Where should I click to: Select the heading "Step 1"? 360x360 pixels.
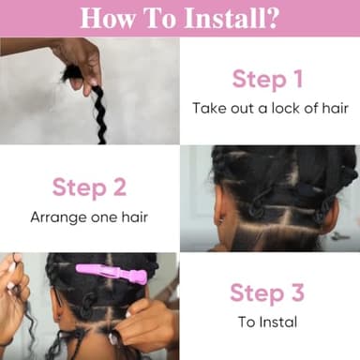click(268, 78)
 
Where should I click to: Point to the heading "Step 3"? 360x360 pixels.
click(268, 292)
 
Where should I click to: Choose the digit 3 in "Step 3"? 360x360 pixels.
click(296, 292)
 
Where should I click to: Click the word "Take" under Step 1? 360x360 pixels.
click(209, 107)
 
